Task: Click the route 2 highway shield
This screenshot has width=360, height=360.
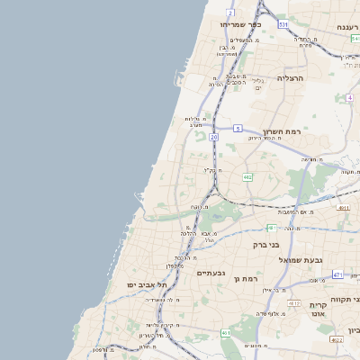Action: click(x=230, y=13)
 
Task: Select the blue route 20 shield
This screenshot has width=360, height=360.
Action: click(x=213, y=137)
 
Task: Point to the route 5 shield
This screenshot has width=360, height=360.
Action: click(x=238, y=128)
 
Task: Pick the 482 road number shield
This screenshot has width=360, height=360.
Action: click(x=247, y=177)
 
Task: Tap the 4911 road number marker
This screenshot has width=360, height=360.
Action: click(x=344, y=208)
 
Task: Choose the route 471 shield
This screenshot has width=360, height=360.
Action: click(x=337, y=274)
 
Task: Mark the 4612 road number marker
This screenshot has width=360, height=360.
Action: click(x=293, y=304)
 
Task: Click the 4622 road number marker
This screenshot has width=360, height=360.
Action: click(x=337, y=340)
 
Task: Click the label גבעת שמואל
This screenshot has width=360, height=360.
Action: click(x=298, y=259)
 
